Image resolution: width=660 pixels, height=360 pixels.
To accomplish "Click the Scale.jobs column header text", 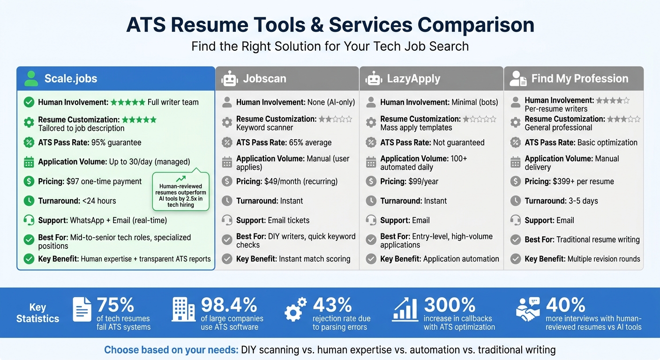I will (x=71, y=78).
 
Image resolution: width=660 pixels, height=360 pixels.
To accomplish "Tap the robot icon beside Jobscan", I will (x=229, y=78).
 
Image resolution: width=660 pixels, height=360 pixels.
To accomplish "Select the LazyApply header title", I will (x=413, y=78).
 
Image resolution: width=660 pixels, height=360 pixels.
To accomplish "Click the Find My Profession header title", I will (x=579, y=78).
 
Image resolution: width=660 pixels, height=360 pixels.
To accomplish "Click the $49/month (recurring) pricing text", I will (x=301, y=181).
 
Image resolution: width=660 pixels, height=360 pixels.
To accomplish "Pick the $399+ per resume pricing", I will (x=589, y=181).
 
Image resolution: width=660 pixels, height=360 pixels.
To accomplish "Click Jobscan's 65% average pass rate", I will (x=304, y=142).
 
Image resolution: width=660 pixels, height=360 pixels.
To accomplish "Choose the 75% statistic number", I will (x=115, y=305).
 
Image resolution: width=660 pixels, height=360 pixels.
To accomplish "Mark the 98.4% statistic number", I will (x=229, y=305).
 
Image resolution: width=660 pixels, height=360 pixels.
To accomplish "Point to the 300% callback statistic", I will (x=450, y=305).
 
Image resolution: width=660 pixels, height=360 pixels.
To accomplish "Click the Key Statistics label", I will (x=37, y=313).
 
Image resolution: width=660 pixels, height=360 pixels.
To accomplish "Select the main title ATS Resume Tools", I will (x=330, y=25).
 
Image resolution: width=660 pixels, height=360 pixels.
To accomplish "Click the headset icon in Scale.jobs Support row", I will (x=29, y=220).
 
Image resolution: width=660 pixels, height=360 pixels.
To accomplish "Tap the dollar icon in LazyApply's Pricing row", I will (x=371, y=181).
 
